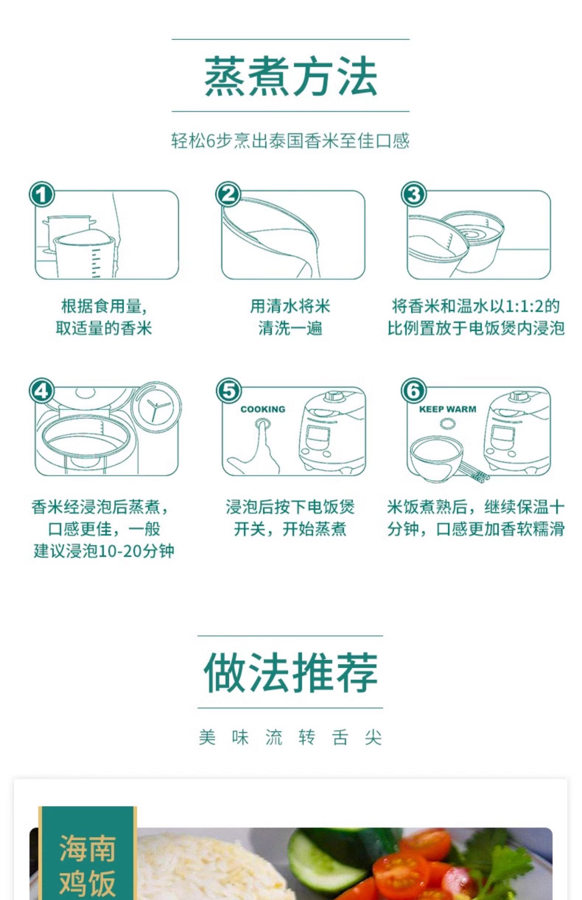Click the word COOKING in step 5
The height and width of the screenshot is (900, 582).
tap(263, 409)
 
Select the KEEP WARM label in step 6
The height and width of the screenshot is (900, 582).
tap(447, 409)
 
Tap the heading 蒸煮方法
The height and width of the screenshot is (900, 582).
tap(291, 76)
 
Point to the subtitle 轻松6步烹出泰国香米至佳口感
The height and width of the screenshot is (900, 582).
tap(291, 141)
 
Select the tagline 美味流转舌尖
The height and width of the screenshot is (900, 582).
tap(291, 737)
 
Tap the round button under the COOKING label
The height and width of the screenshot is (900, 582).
tap(263, 423)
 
